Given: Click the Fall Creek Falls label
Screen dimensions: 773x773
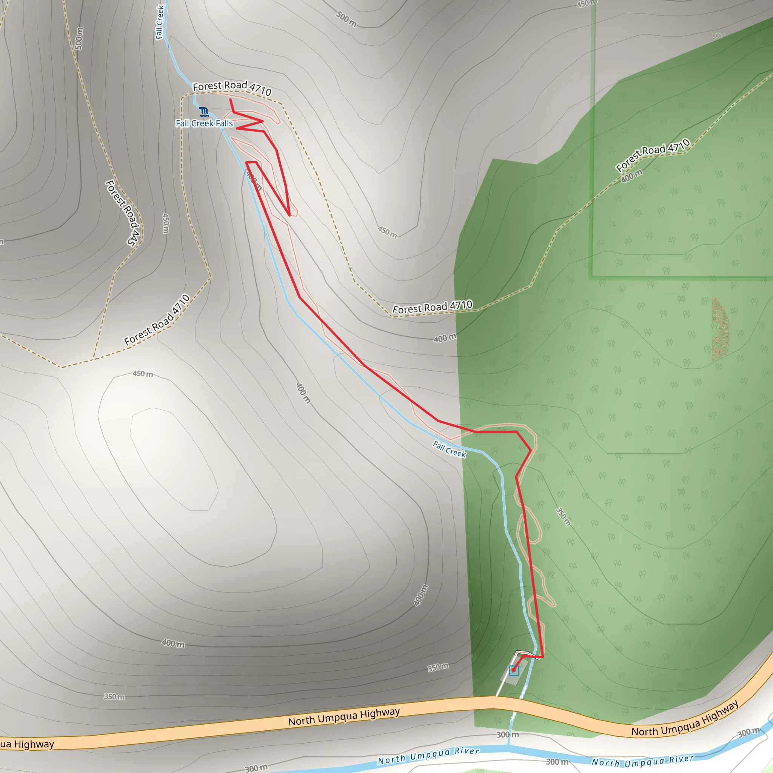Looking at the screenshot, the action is coord(204,123).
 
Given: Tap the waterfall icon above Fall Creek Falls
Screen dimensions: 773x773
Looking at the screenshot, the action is coord(204,112).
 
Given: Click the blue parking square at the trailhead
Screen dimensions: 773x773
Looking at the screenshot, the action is coord(514,671).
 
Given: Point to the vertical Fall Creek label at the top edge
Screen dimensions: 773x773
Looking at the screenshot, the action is coord(160,22).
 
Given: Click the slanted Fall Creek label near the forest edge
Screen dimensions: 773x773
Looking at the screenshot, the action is coord(449,449).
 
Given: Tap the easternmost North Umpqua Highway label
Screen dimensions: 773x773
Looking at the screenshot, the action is coord(685,719).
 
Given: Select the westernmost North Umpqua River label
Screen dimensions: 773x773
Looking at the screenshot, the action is coord(428,756).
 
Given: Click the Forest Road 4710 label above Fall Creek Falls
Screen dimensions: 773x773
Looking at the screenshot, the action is coord(232,88).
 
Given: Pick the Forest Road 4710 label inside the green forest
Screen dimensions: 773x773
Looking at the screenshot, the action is coord(653,155).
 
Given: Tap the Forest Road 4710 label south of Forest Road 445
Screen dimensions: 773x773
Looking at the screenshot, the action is coord(157,320).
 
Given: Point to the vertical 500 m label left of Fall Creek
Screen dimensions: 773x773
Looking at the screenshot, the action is coord(79,38).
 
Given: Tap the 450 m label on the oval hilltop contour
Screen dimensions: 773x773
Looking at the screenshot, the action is coord(143,374).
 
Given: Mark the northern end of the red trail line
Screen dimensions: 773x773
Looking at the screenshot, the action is coord(231,99).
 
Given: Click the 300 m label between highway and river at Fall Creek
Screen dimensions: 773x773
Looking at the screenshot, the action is coord(507,735).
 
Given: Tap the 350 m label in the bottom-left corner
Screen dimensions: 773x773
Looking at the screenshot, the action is coord(114,697).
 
